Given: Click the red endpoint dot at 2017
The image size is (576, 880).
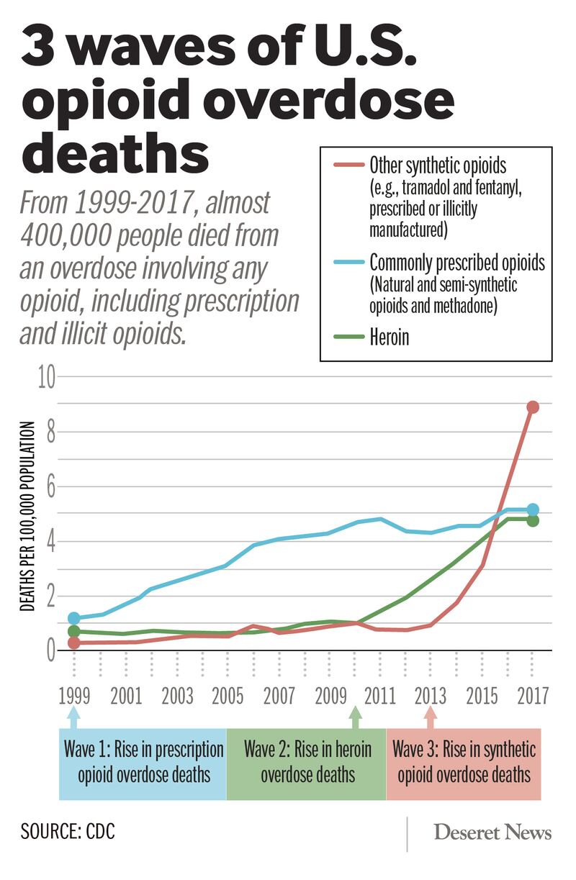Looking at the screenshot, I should coord(532,407).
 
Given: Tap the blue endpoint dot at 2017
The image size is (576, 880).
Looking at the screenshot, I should coord(532,510).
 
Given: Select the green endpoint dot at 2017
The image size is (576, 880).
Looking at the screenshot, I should coord(532,520).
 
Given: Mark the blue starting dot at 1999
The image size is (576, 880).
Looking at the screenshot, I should coord(73,618).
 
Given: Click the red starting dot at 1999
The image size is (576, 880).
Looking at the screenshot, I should coord(73,643).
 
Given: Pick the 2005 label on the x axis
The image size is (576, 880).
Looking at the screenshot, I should coord(228,696).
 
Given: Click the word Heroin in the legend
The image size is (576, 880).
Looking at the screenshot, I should coord(389,337).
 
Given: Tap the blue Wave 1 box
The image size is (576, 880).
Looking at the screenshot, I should coord(143,762).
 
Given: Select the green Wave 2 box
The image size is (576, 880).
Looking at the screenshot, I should coord(307,762).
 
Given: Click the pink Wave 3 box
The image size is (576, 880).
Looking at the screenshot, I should coord(464,762).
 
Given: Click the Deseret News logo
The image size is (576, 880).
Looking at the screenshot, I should coord(492,833).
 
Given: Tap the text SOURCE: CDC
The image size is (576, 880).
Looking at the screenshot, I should coord(68,832).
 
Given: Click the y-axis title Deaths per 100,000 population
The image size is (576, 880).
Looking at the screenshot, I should coord(27,517).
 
